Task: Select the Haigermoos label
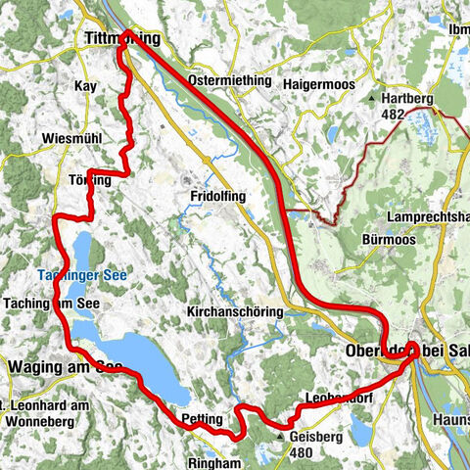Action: point(316,85)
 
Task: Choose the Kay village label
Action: point(86,86)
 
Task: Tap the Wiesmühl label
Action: point(71,139)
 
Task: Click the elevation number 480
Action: point(301,453)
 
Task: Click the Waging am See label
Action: point(65,366)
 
